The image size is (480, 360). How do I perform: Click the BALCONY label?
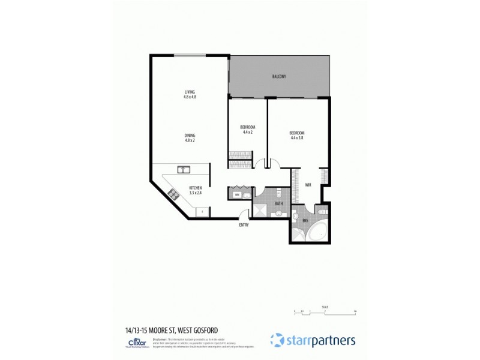click(278, 77)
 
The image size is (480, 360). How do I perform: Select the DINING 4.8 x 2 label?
click(190, 137)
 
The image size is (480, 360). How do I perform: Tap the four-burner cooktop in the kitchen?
click(175, 194)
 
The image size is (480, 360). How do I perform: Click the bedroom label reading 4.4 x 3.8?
click(297, 135)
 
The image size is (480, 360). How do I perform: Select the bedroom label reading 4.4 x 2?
click(248, 130)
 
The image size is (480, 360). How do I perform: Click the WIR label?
click(308, 185)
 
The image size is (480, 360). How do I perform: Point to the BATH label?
click(278, 204)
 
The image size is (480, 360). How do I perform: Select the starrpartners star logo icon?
click(277, 340)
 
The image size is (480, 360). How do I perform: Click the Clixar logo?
click(127, 343)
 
